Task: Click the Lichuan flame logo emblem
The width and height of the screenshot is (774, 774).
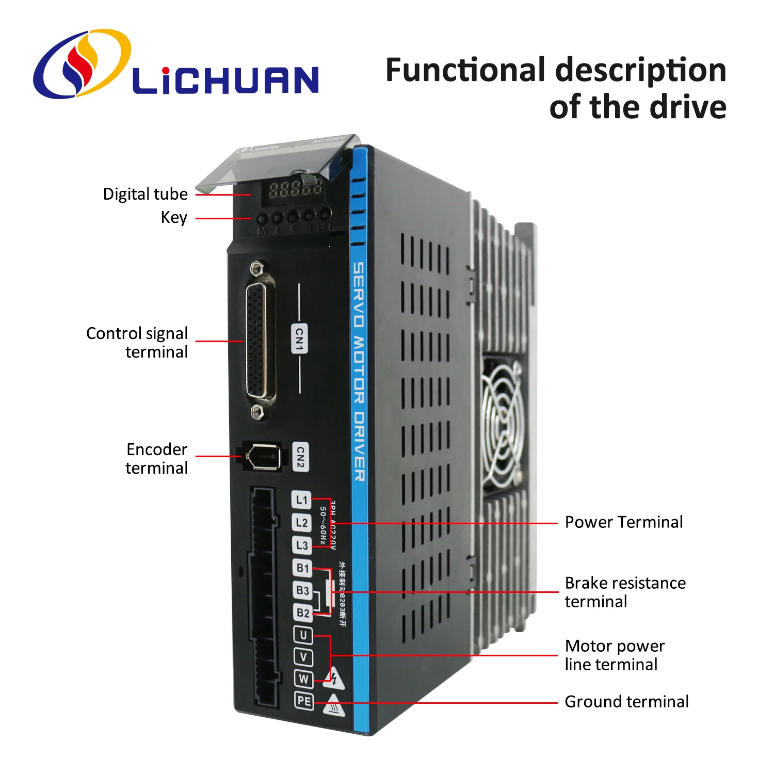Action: pyautogui.click(x=82, y=63)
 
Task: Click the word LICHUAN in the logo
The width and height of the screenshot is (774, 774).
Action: pyautogui.click(x=225, y=80)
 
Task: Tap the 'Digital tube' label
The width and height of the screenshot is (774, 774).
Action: pyautogui.click(x=146, y=194)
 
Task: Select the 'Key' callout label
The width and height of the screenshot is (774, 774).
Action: pyautogui.click(x=174, y=217)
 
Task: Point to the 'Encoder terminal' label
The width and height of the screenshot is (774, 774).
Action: pyautogui.click(x=156, y=459)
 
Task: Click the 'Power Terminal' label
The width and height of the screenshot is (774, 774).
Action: pyautogui.click(x=623, y=522)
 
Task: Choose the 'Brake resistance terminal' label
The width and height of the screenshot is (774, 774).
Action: pyautogui.click(x=625, y=592)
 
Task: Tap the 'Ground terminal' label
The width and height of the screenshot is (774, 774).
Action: pyautogui.click(x=626, y=702)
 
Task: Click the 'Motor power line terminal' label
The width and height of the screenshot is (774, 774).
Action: pyautogui.click(x=615, y=655)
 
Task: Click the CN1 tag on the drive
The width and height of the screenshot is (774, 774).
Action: pyautogui.click(x=299, y=338)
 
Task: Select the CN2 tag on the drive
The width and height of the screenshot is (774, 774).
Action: pyautogui.click(x=300, y=457)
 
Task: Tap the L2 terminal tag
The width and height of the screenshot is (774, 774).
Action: pyautogui.click(x=301, y=523)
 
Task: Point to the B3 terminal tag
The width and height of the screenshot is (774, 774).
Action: pyautogui.click(x=302, y=590)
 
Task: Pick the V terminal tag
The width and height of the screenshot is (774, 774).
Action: pyautogui.click(x=303, y=657)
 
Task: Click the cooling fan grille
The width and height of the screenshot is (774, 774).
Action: pyautogui.click(x=501, y=423)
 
